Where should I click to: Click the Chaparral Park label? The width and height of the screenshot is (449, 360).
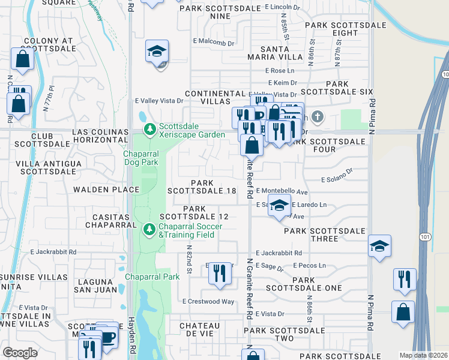pyautogui.click(x=152, y=277)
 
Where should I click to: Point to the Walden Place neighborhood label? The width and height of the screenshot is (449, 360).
pyautogui.click(x=106, y=190)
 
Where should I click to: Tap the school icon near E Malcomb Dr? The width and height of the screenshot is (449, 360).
pyautogui.click(x=157, y=52)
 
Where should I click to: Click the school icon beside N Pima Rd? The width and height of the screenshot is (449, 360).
pyautogui.click(x=379, y=246)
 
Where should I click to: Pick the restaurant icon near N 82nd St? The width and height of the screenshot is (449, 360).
pyautogui.click(x=220, y=274)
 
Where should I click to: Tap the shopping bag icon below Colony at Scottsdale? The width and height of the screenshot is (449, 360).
pyautogui.click(x=22, y=59)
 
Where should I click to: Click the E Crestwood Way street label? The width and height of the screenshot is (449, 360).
pyautogui.click(x=209, y=301)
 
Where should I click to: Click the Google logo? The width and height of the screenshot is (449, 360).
pyautogui.click(x=20, y=353)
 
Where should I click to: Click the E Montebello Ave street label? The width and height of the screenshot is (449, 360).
pyautogui.click(x=282, y=191)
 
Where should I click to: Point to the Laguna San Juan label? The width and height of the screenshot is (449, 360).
pyautogui.click(x=93, y=286)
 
